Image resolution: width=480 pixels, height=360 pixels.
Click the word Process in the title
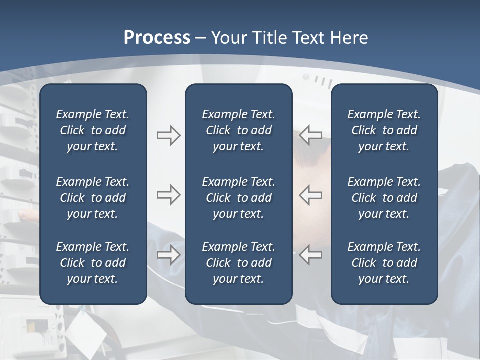[157, 38]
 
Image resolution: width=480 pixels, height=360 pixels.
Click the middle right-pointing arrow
[168, 195]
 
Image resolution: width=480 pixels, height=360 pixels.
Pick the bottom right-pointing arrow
[168, 255]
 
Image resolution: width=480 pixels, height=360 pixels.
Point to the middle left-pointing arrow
[311, 195]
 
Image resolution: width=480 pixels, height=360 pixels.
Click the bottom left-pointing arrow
[311, 255]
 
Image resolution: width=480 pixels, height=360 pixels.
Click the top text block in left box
[93, 130]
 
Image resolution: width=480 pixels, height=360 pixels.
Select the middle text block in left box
[93, 198]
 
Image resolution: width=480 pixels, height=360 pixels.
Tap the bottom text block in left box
[93, 263]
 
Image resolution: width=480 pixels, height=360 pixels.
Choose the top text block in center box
[238, 130]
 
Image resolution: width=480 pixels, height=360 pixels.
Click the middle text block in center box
[238, 198]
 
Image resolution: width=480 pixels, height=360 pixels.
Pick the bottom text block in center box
[238, 263]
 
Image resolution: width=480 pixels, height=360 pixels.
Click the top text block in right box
[384, 130]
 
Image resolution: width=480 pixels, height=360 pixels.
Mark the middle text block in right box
[384, 198]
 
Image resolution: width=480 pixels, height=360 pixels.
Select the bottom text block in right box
[384, 263]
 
